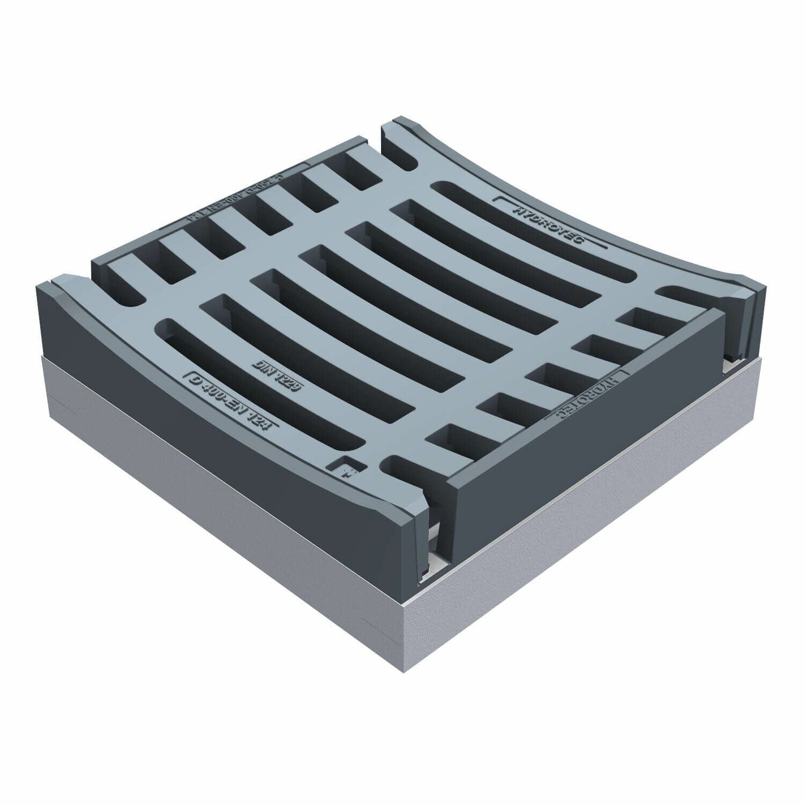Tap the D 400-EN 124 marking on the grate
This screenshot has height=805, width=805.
click(233, 402)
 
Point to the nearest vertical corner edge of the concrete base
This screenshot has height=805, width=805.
click(405, 630)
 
